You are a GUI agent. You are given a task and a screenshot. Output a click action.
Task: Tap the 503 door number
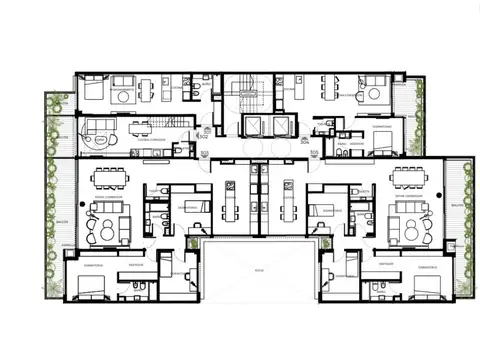pos(204,153)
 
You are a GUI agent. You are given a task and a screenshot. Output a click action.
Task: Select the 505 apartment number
pos(314,153)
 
